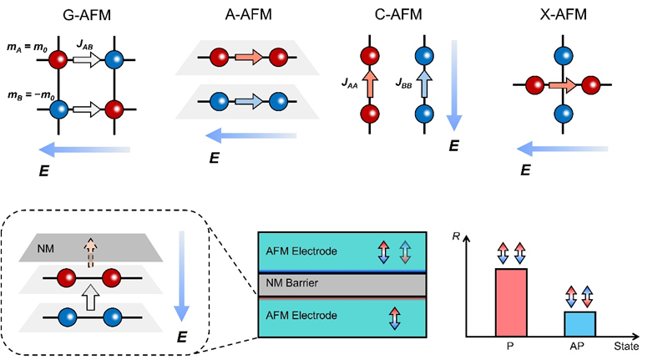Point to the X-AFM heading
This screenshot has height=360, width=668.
click(x=559, y=14)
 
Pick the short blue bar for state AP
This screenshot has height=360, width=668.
click(x=579, y=322)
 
